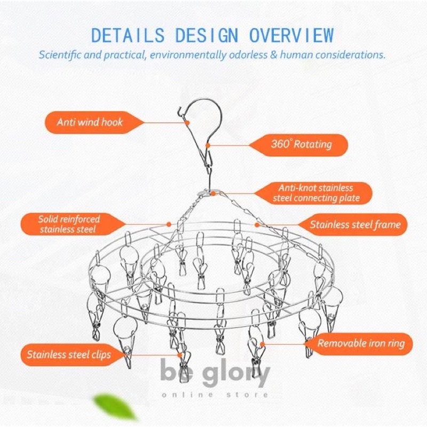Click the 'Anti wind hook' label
(x=90, y=122)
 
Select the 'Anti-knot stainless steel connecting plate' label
(x=316, y=193)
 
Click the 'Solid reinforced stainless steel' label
(x=69, y=224)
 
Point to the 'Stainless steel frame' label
(x=355, y=224)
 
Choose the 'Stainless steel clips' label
(x=69, y=353)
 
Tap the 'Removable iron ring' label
(x=361, y=343)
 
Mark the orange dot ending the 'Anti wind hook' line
(x=188, y=122)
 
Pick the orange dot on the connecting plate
(x=213, y=193)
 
